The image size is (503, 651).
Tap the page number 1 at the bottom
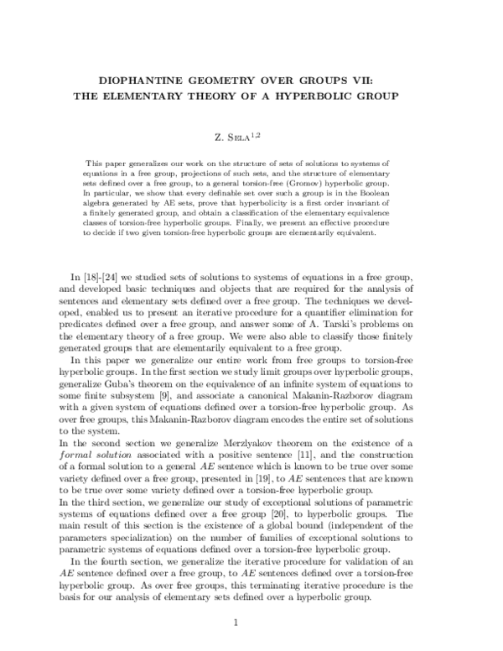coord(237,622)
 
